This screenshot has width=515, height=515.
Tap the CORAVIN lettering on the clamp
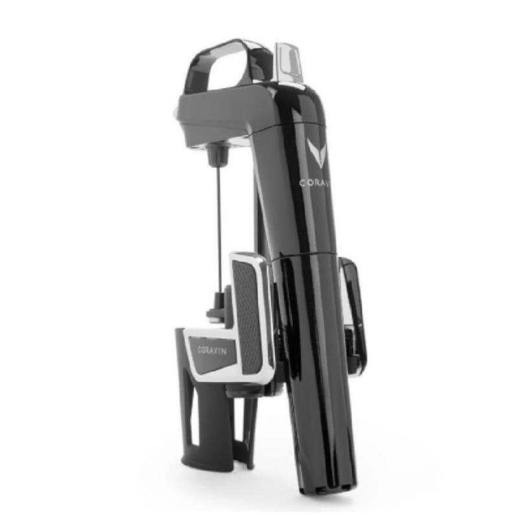[212, 350]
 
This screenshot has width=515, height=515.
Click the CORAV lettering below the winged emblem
[314, 183]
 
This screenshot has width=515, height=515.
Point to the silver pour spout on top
[288, 62]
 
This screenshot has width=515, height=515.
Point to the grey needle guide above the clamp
[218, 306]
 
